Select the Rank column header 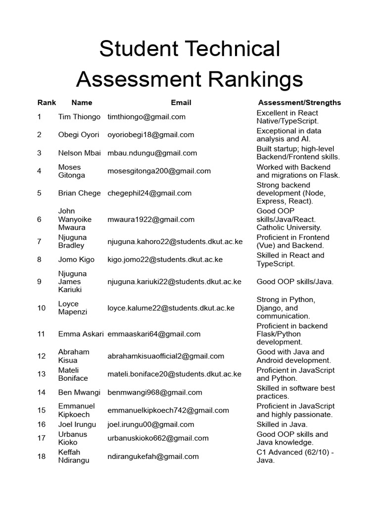click(47, 102)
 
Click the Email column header click(181, 102)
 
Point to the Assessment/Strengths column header click(299, 102)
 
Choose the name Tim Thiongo click(79, 117)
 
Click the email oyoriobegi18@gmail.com click(151, 135)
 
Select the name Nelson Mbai click(80, 153)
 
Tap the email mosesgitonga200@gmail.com click(159, 171)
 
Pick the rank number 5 click(39, 193)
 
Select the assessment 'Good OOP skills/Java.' click(295, 282)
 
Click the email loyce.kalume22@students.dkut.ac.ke click(171, 308)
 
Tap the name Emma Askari click(81, 334)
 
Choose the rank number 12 click(41, 356)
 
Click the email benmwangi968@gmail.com click(155, 392)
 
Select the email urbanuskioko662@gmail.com click(158, 438)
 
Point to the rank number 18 click(41, 456)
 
